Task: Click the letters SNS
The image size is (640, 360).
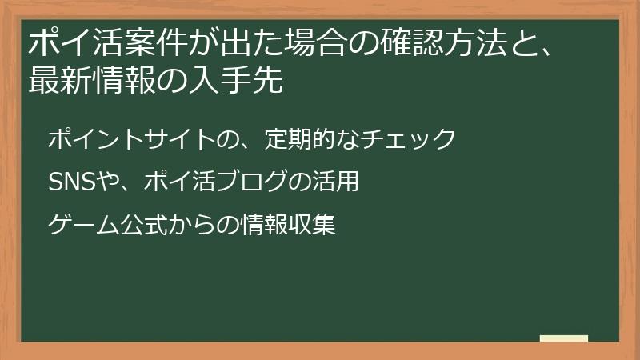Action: tap(71, 182)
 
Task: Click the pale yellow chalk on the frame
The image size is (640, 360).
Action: tap(564, 338)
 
